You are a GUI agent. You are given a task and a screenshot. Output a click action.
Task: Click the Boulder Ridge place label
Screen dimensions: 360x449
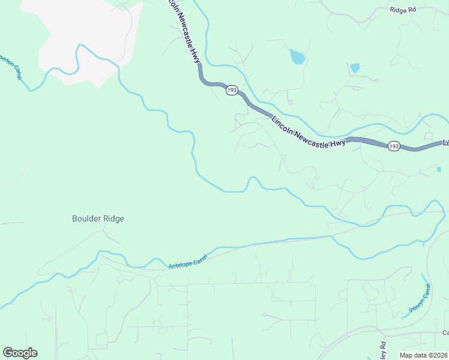pyautogui.click(x=98, y=219)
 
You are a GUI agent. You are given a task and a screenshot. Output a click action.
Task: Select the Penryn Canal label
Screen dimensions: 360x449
pyautogui.click(x=420, y=299)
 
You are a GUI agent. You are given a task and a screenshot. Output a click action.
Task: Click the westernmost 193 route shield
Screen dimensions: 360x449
pyautogui.click(x=232, y=90)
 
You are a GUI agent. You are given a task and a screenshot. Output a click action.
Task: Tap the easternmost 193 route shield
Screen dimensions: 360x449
pyautogui.click(x=394, y=146)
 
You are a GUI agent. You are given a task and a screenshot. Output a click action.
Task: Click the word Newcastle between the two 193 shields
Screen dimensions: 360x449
pyautogui.click(x=310, y=135)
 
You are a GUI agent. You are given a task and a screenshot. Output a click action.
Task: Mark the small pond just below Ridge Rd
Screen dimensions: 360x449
pyautogui.click(x=355, y=68)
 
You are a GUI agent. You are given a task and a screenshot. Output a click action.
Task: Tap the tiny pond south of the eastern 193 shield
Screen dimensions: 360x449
pyautogui.click(x=439, y=170)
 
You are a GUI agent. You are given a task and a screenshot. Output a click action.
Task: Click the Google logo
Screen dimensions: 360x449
pyautogui.click(x=20, y=353)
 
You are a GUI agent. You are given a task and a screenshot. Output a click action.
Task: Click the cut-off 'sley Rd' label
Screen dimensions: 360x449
pyautogui.click(x=382, y=347)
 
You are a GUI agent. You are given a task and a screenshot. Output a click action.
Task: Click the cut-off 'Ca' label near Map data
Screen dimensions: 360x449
pyautogui.click(x=445, y=332)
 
